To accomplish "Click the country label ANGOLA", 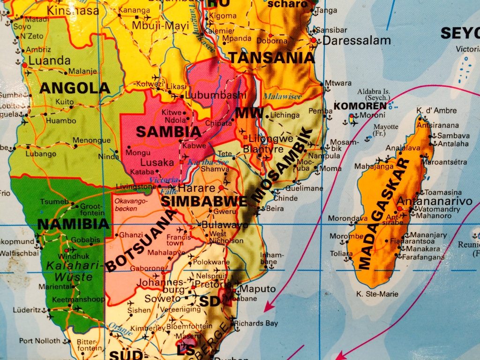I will [75, 88].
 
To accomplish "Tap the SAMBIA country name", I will [162, 132].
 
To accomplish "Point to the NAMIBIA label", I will [70, 224].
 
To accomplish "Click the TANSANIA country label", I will [271, 58].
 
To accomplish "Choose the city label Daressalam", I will [357, 40].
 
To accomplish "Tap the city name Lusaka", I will [157, 162].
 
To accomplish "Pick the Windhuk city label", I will [73, 256].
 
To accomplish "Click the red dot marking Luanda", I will [25, 65].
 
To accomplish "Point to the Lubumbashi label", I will [216, 95].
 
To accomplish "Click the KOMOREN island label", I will [360, 106].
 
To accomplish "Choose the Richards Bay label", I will [256, 323].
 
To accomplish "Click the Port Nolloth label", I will [40, 341].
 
